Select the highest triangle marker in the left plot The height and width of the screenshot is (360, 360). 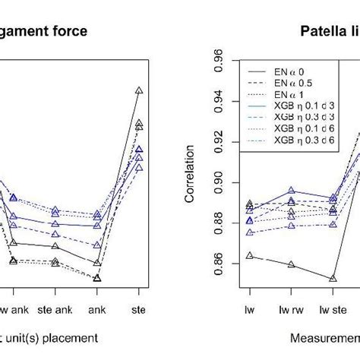[138, 90]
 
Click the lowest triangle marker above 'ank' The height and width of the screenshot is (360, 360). [97, 278]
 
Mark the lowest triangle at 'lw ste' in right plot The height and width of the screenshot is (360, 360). [332, 278]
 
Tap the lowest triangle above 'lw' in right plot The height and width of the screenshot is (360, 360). [249, 256]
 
